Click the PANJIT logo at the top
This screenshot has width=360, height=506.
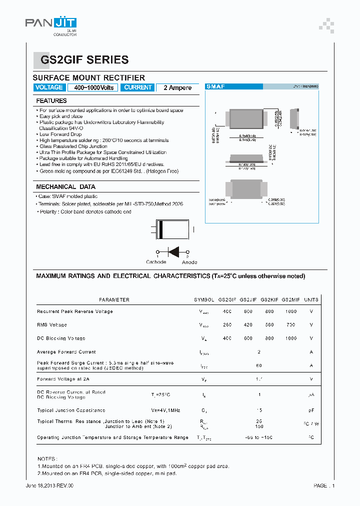pyautogui.click(x=51, y=23)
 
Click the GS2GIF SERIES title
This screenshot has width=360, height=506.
pyautogui.click(x=80, y=60)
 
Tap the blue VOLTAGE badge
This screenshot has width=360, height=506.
pyautogui.click(x=49, y=87)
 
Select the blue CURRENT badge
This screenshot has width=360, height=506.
pyautogui.click(x=137, y=87)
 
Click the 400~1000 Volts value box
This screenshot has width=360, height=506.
pyautogui.click(x=94, y=87)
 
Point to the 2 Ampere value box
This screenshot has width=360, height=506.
pyautogui.click(x=177, y=87)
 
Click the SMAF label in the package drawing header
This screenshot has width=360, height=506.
pyautogui.click(x=216, y=86)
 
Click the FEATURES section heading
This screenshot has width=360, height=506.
pyautogui.click(x=51, y=101)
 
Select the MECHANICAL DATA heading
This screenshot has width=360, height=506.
pyautogui.click(x=65, y=187)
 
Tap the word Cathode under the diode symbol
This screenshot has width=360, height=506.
pyautogui.click(x=156, y=262)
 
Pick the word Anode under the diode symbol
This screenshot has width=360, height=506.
pyautogui.click(x=189, y=262)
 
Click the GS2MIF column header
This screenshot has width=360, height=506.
pyautogui.click(x=290, y=300)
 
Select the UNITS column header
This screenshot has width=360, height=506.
pyautogui.click(x=311, y=300)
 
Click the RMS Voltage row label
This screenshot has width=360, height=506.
pyautogui.click(x=52, y=325)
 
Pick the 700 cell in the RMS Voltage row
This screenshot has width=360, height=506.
pyautogui.click(x=290, y=325)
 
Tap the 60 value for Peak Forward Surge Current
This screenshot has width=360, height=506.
pyautogui.click(x=259, y=365)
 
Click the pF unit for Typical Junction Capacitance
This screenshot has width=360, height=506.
pyautogui.click(x=311, y=410)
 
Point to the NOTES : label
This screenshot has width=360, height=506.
pyautogui.click(x=47, y=458)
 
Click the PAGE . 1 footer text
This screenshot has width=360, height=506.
pyautogui.click(x=324, y=485)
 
